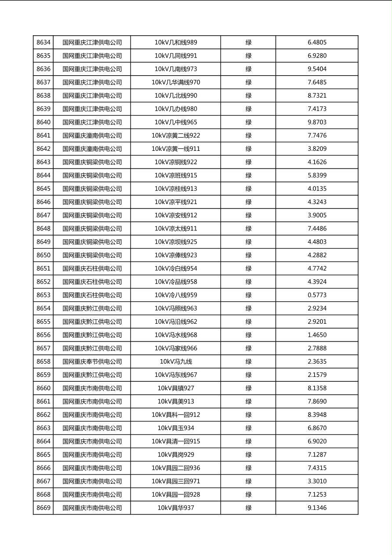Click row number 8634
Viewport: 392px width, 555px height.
coord(44,43)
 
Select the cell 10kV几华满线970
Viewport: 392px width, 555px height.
coord(176,82)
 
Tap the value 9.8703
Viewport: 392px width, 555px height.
coord(317,122)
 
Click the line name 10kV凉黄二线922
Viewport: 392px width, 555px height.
coord(176,135)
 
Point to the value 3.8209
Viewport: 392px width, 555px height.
coord(317,149)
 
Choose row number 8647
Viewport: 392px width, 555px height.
coord(44,215)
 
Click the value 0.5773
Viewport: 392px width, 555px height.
coord(317,295)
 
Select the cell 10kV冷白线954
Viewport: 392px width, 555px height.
coord(176,268)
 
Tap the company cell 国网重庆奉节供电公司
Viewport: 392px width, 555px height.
coord(92,361)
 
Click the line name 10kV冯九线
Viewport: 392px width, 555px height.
coord(176,361)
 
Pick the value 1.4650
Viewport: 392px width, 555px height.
coord(317,335)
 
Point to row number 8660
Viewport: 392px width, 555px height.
coord(44,388)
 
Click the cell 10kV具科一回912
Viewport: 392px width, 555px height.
coord(176,415)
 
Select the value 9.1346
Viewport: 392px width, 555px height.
coord(317,508)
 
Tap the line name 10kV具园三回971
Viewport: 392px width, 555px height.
coord(176,481)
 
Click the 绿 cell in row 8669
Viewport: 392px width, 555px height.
coord(248,508)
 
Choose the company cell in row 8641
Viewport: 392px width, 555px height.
coord(92,135)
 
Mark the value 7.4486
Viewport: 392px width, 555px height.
coord(317,228)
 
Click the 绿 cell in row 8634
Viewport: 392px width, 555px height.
coord(248,43)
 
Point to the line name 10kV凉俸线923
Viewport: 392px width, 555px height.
coord(176,255)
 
